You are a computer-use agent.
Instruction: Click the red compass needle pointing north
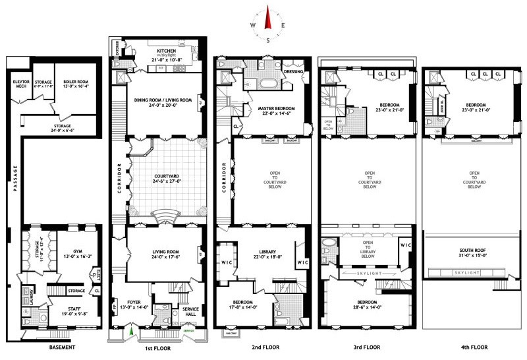pyautogui.click(x=268, y=18)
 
